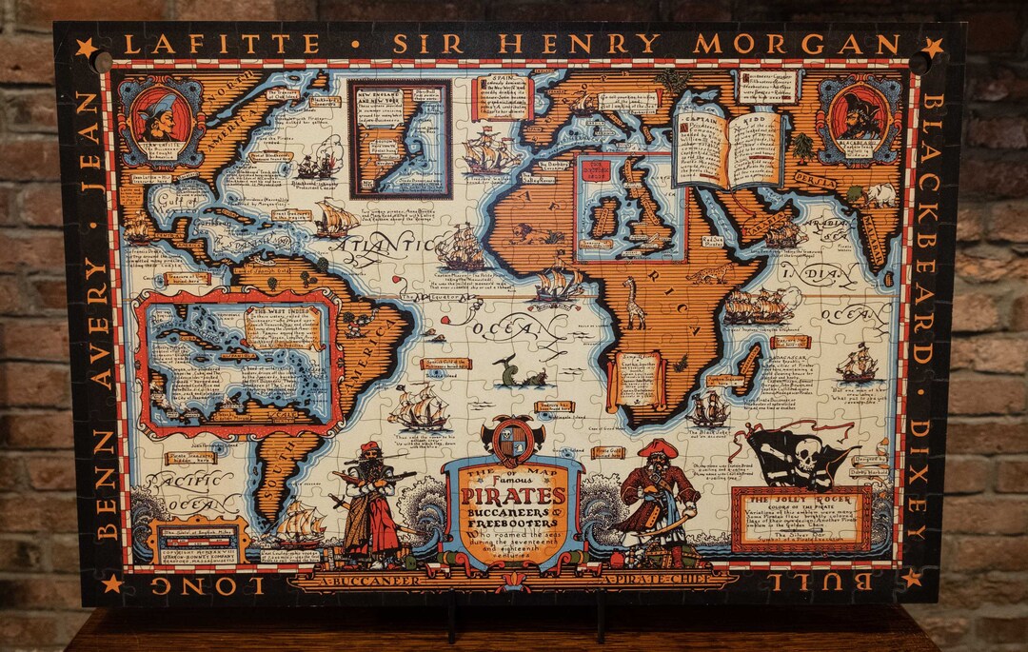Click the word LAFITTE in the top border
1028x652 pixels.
pyautogui.click(x=222, y=44)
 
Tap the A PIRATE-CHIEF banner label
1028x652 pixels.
pyautogui.click(x=657, y=578)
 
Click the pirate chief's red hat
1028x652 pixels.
pyautogui.click(x=657, y=447)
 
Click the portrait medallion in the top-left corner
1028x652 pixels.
pyautogui.click(x=159, y=119)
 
